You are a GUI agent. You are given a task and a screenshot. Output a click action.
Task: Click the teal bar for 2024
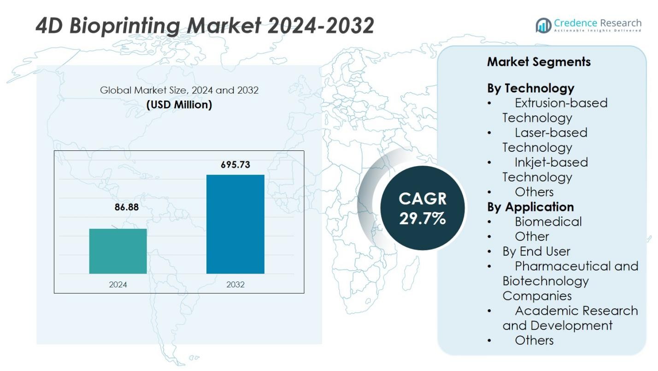118,251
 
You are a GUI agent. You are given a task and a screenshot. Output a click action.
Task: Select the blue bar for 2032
235,224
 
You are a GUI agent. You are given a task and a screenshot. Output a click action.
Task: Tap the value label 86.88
126,207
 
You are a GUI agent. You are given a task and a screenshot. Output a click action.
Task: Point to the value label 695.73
235,165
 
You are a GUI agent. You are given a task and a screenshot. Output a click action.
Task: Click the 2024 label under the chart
118,284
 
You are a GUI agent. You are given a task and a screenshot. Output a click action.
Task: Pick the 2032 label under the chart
235,284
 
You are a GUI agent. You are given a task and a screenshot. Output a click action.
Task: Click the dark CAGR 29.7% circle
423,208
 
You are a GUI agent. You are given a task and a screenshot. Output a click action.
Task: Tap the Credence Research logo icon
543,25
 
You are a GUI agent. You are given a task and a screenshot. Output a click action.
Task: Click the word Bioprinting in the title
124,26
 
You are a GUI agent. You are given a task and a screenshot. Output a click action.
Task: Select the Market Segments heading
539,62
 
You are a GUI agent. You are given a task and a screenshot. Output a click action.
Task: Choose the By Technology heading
530,88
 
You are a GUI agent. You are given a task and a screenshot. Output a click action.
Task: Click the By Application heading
530,207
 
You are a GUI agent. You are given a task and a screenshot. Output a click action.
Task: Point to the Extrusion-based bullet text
561,102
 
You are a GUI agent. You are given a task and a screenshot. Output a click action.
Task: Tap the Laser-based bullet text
551,132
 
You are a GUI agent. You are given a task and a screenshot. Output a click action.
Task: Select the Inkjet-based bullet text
551,162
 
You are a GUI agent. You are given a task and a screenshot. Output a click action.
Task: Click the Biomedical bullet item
548,221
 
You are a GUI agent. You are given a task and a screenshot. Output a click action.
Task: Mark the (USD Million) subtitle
179,105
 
